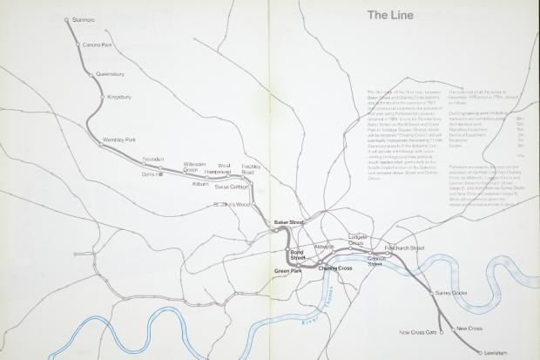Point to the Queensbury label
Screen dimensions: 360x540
[111, 74]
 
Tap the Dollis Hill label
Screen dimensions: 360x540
[153, 173]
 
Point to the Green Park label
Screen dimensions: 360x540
[287, 272]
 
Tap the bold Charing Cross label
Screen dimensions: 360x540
[322, 267]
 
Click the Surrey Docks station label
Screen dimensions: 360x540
[452, 294]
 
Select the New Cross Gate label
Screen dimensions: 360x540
[417, 332]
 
